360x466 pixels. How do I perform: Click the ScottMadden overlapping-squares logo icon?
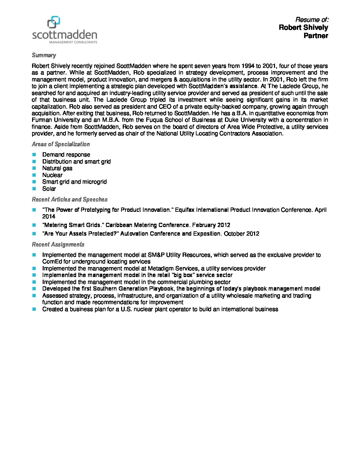tap(54, 22)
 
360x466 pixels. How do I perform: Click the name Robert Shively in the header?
tap(303, 27)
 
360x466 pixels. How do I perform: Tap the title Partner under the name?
tap(316, 36)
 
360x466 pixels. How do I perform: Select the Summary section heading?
tap(44, 55)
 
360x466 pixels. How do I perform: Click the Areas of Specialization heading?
tap(61, 144)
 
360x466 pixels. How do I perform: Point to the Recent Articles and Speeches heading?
tap(69, 199)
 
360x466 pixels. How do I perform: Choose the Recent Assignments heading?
tap(58, 244)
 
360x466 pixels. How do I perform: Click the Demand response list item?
tap(66, 155)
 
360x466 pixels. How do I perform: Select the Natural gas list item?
tap(57, 168)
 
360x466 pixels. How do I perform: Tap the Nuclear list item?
tap(52, 175)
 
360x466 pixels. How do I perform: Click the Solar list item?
tap(49, 189)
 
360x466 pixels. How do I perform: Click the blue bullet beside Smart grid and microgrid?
tap(34, 182)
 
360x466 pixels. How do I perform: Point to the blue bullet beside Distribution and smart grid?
tap(34, 162)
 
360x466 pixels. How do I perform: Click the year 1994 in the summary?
tap(248, 66)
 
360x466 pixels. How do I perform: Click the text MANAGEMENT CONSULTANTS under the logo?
tap(73, 42)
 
